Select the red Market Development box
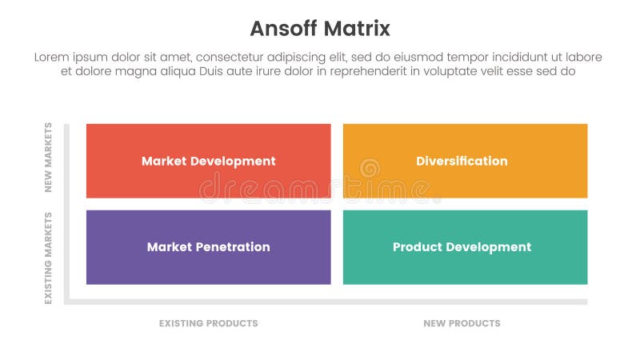208,161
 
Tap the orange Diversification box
465,161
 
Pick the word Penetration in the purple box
231,247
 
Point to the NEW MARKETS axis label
48,158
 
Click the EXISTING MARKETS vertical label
48,258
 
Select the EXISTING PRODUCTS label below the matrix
208,323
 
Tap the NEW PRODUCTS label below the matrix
462,323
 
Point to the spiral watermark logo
369,169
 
